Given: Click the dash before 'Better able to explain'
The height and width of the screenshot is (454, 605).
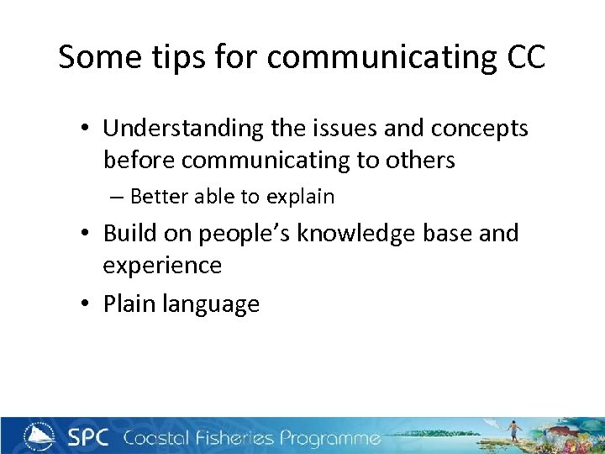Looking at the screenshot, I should [116, 198].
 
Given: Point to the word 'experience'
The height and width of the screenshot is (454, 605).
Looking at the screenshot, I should [162, 266].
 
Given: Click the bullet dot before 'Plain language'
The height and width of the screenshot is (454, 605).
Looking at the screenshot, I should [87, 304].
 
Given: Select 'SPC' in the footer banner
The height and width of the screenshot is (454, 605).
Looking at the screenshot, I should [89, 437].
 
